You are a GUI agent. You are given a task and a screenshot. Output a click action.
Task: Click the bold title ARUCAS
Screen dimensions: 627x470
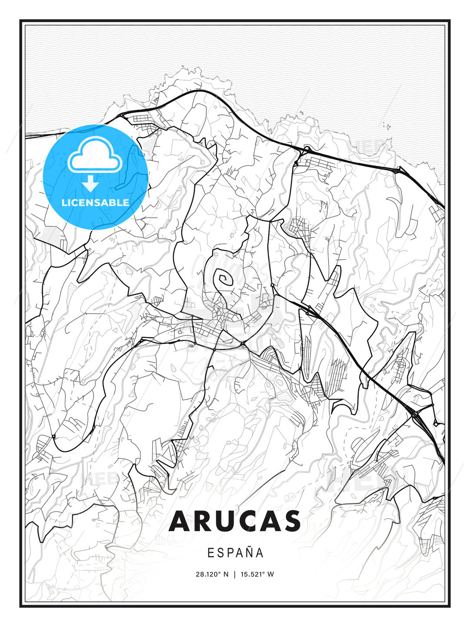point(235,521)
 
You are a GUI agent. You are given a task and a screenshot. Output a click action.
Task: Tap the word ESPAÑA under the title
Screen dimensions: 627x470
point(235,553)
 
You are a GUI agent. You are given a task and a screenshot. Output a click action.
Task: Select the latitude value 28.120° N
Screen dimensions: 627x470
point(212,574)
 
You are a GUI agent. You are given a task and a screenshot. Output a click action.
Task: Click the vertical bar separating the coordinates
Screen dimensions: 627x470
point(235,574)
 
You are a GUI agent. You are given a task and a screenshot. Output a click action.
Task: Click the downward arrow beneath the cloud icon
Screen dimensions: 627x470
point(91,183)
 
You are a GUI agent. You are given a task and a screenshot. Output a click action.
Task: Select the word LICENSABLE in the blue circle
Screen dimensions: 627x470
point(95,202)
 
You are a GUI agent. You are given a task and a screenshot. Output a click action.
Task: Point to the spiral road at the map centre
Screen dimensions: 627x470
point(225,278)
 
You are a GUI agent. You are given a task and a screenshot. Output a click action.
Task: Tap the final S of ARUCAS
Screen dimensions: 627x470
point(291,521)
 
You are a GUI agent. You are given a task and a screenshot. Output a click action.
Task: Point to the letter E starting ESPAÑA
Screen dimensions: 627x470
point(211,553)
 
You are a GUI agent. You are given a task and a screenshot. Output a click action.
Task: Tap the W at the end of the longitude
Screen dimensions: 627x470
point(271,574)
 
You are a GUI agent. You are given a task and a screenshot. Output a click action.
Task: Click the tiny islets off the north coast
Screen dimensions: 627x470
point(386,127)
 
